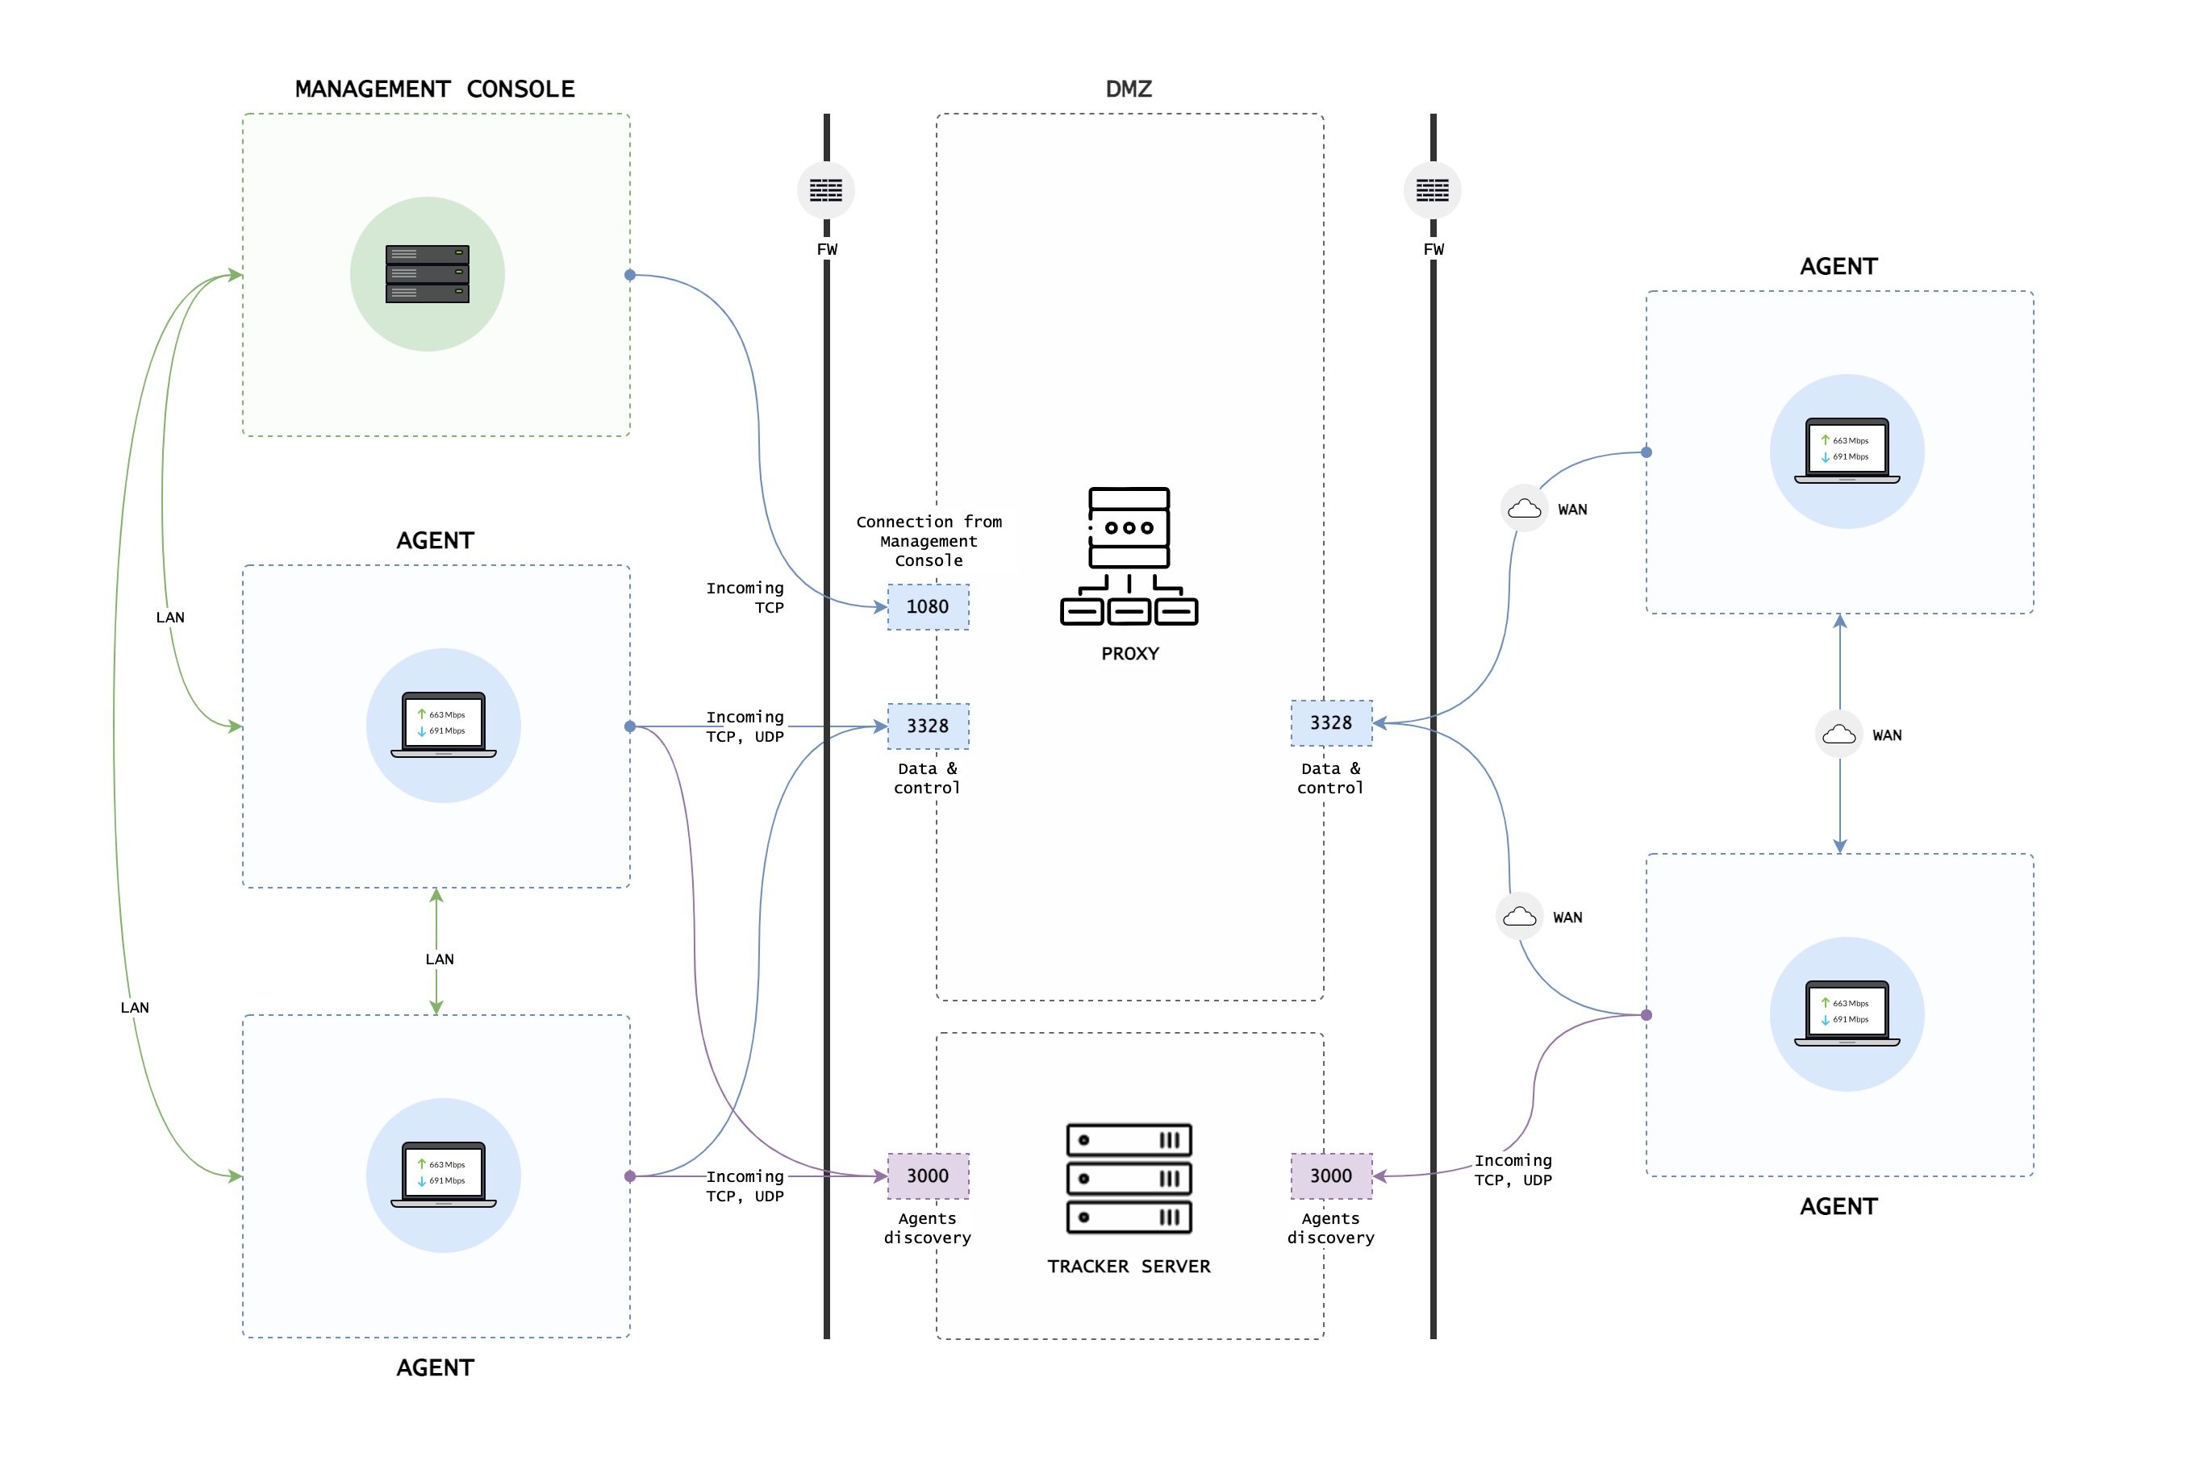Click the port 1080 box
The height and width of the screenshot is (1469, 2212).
927,606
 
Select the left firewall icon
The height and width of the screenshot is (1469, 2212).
826,191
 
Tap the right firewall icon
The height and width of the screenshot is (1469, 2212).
1431,191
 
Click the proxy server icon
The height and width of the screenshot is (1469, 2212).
1129,556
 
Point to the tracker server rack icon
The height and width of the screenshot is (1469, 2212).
1129,1178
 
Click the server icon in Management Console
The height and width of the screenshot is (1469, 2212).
428,274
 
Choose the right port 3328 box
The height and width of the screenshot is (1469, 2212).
1330,722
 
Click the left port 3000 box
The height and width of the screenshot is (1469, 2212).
927,1176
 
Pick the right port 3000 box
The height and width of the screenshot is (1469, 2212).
1330,1176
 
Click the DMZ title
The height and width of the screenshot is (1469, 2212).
1129,89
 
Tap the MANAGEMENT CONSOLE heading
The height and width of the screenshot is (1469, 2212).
435,89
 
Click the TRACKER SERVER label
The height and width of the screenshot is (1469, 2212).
1129,1266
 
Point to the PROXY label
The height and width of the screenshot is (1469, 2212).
1129,653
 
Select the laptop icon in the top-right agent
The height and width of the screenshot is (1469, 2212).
1847,451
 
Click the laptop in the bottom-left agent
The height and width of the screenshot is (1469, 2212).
444,1175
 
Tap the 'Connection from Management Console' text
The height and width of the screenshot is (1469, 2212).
928,540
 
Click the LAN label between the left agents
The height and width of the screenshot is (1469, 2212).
439,959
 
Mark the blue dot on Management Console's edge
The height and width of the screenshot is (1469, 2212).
630,274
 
